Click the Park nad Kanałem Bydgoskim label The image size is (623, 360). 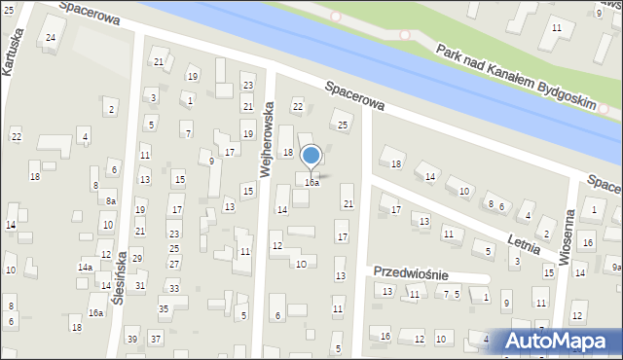pyautogui.click(x=516, y=77)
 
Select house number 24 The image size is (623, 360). pyautogui.click(x=51, y=38)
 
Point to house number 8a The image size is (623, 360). pyautogui.click(x=111, y=200)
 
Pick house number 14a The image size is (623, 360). pyautogui.click(x=86, y=267)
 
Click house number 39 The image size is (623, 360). pyautogui.click(x=132, y=339)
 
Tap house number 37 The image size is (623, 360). pyautogui.click(x=156, y=339)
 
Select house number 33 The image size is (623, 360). pyautogui.click(x=173, y=288)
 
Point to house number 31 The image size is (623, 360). pyautogui.click(x=140, y=285)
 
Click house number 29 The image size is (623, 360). pyautogui.click(x=137, y=258)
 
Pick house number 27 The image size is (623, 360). pyautogui.click(x=173, y=262)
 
